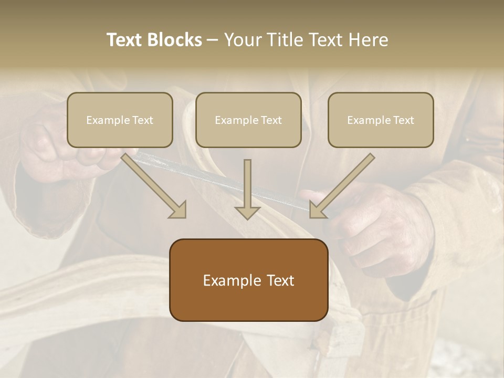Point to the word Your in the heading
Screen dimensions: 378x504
point(242,40)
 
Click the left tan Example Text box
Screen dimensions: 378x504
point(120,120)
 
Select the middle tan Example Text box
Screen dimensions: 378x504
point(248,120)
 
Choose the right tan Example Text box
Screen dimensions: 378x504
point(381,120)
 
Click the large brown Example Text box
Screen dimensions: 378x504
point(248,280)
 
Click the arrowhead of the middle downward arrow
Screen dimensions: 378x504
point(247,212)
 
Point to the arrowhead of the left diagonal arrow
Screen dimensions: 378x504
point(178,209)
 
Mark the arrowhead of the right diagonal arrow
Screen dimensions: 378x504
point(317,209)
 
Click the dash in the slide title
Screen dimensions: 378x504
point(213,40)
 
